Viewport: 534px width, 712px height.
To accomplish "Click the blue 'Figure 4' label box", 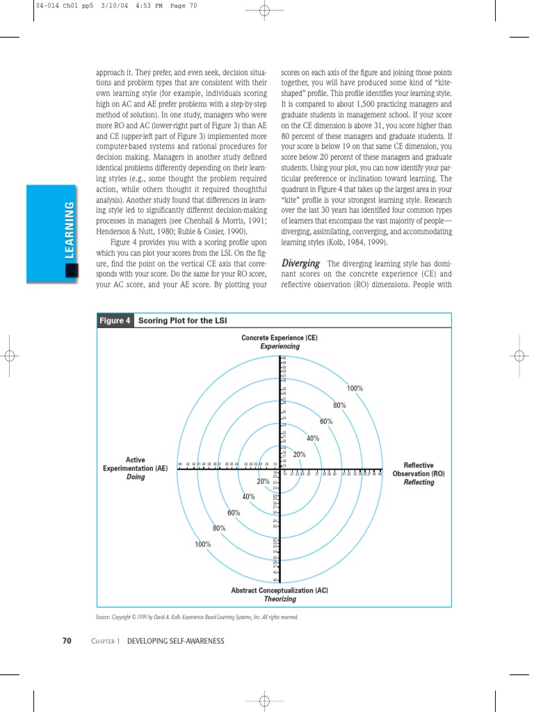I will tap(115, 321).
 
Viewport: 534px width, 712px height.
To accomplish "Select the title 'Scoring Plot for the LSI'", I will tap(182, 321).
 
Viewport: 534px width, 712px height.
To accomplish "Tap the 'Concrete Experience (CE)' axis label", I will tap(280, 338).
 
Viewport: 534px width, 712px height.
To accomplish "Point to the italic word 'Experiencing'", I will tap(280, 346).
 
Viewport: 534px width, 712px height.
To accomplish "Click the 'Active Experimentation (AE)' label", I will tap(136, 464).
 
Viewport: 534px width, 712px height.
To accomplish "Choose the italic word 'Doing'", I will tap(136, 478).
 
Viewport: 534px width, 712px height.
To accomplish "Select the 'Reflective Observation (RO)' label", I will tap(419, 469).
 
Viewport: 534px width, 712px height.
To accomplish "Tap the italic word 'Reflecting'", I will tap(419, 483).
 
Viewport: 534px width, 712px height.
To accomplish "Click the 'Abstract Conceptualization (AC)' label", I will tap(280, 590).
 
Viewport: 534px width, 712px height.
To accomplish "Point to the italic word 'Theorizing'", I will tap(280, 599).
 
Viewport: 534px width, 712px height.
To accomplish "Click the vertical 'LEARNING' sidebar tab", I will tap(69, 229).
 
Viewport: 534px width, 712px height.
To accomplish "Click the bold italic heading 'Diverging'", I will tap(300, 264).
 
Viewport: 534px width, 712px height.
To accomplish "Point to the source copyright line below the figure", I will tap(197, 617).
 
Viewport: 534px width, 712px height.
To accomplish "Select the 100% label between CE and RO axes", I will tap(355, 389).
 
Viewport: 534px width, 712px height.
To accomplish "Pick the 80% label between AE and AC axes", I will tap(219, 528).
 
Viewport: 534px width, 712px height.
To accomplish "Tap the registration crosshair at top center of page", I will tap(263, 10).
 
